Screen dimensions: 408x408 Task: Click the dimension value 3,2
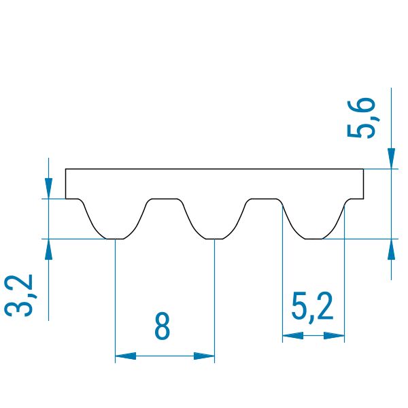[x=19, y=295]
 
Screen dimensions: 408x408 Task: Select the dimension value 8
[x=162, y=326]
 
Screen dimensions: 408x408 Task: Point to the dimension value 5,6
[x=362, y=118]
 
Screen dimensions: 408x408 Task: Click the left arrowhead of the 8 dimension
[x=125, y=356]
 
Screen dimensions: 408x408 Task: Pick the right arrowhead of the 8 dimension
[x=204, y=356]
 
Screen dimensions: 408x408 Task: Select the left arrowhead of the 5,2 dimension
[x=293, y=335]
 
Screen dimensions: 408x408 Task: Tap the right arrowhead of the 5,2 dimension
[x=334, y=335]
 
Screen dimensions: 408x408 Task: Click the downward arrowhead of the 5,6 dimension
[x=391, y=158]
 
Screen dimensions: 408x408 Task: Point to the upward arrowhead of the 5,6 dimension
[x=391, y=249]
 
